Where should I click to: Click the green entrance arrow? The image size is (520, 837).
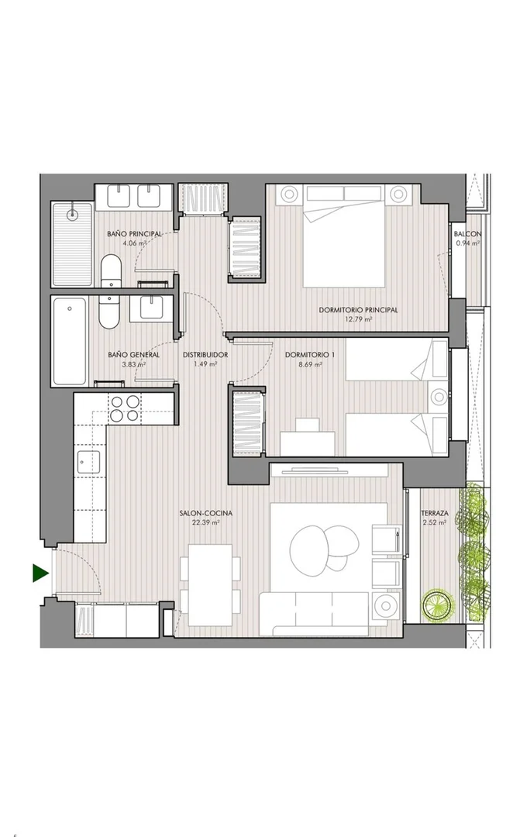[x=40, y=573]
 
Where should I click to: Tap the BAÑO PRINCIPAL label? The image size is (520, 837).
[x=134, y=234]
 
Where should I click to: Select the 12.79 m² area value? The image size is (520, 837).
[x=358, y=319]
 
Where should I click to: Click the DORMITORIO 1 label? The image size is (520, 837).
[x=303, y=355]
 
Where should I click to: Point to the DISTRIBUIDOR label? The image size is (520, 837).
[x=205, y=355]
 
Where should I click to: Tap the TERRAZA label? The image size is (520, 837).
[x=434, y=514]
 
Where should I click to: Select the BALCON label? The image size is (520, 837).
[x=467, y=234]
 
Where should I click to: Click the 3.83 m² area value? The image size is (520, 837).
[x=134, y=364]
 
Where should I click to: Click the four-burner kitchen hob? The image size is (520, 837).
[x=125, y=408]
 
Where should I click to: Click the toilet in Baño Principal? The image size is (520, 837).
[x=111, y=270]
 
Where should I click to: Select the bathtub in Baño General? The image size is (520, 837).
[x=70, y=340]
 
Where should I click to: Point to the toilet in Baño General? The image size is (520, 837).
[x=108, y=312]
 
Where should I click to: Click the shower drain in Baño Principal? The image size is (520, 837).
[x=73, y=214]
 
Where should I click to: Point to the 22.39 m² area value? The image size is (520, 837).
[x=205, y=523]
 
